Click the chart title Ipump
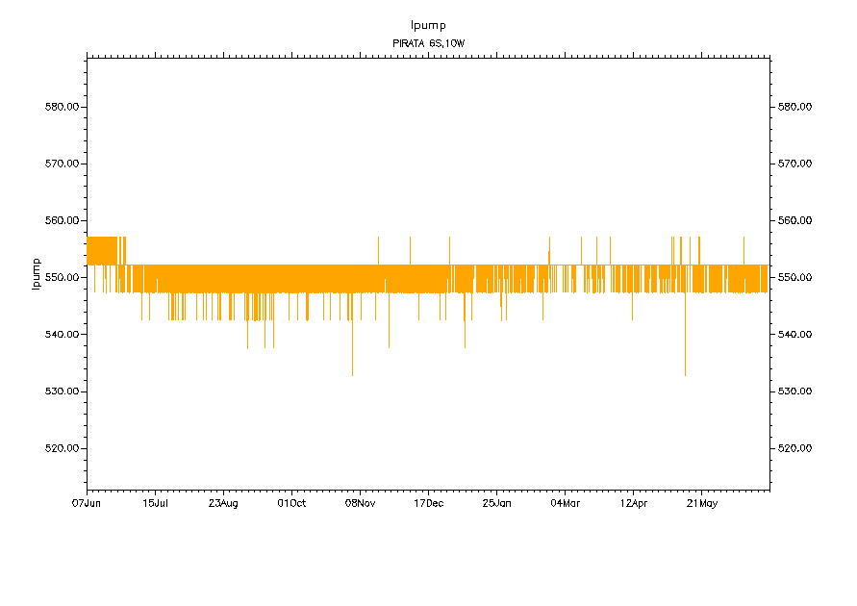pyautogui.click(x=428, y=25)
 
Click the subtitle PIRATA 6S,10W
pyautogui.click(x=428, y=43)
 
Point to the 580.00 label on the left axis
pyautogui.click(x=62, y=107)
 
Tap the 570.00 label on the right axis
pyautogui.click(x=794, y=164)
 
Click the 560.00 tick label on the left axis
pyautogui.click(x=62, y=220)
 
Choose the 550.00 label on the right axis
pyautogui.click(x=794, y=278)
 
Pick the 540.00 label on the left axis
pyautogui.click(x=62, y=335)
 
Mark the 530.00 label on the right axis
pyautogui.click(x=794, y=391)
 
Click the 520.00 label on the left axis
pyautogui.click(x=62, y=448)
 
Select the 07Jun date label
pyautogui.click(x=88, y=503)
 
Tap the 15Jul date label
pyautogui.click(x=156, y=503)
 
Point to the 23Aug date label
pyautogui.click(x=223, y=503)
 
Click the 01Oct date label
pyautogui.click(x=291, y=503)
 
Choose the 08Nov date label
pyautogui.click(x=360, y=503)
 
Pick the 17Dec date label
pyautogui.click(x=428, y=503)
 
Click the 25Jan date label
pyautogui.click(x=496, y=503)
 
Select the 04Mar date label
pyautogui.click(x=565, y=503)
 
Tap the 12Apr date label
pyautogui.click(x=633, y=503)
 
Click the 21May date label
pyautogui.click(x=701, y=503)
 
